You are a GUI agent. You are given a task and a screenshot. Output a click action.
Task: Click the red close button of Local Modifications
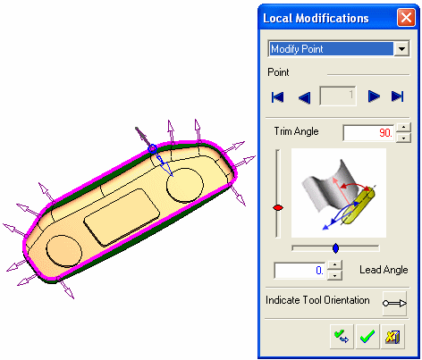tap(406, 18)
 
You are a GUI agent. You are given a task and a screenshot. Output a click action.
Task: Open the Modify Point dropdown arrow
tap(401, 49)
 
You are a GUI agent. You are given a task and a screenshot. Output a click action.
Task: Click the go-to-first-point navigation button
tap(277, 97)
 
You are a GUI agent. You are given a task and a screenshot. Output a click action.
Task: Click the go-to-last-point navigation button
tap(397, 96)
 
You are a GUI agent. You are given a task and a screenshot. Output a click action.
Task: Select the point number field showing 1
tap(338, 96)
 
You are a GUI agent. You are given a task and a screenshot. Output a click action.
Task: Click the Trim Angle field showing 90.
tap(369, 133)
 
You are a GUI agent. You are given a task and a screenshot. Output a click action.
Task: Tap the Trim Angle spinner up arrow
tap(403, 128)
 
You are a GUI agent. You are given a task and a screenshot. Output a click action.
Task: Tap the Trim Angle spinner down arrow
tap(403, 138)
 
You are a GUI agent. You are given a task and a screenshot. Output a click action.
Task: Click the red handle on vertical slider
tap(278, 208)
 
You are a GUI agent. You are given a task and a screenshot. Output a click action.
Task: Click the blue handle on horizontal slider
tap(335, 248)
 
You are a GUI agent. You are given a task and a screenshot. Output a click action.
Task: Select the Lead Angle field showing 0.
tap(300, 271)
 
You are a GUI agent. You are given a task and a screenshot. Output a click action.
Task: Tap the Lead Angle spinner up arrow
tap(334, 265)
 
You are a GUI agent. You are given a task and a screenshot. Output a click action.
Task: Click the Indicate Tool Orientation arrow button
tap(394, 304)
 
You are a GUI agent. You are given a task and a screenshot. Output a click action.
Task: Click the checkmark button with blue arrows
tap(342, 337)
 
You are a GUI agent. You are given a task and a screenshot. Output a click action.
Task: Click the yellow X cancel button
tap(392, 337)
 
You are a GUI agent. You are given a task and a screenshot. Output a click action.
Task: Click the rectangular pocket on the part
tap(122, 217)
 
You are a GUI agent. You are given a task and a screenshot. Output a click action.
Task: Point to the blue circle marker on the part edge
tap(152, 148)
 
